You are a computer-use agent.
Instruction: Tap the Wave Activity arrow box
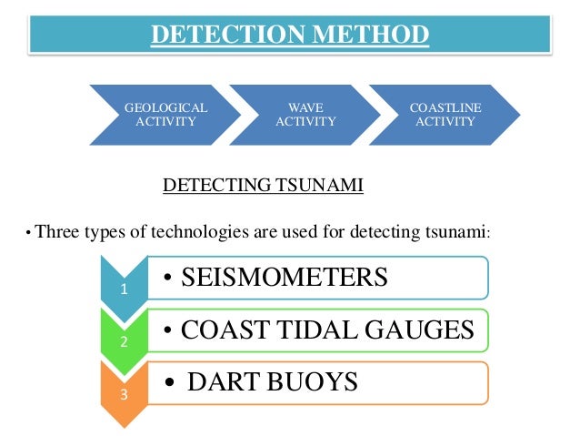(305, 116)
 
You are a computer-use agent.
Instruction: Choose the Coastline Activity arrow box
(445, 116)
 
